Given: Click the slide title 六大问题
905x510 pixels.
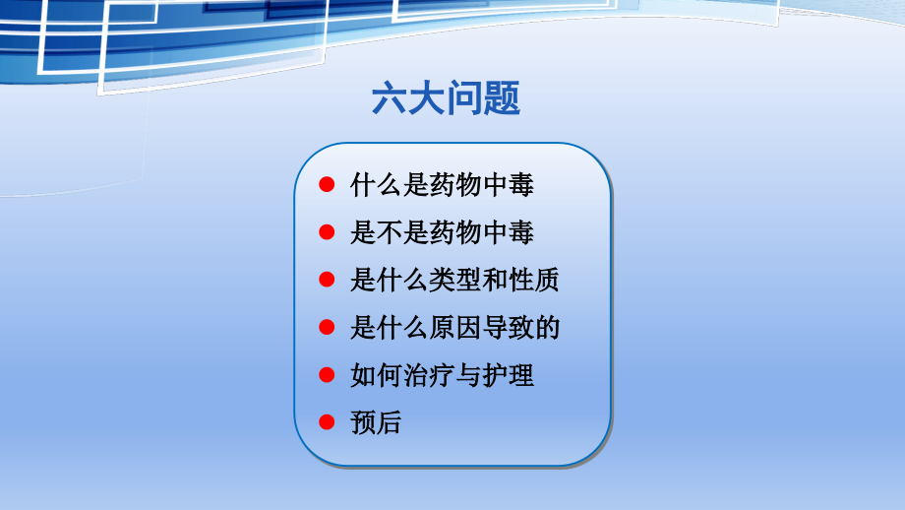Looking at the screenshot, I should [x=446, y=99].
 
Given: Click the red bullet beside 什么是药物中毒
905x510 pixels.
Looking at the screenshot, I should [x=329, y=185].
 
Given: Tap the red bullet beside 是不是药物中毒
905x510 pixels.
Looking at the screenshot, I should [x=329, y=233].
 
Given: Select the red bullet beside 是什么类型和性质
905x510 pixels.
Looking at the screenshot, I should [x=329, y=281].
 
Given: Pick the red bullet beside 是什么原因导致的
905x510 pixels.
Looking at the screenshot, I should [x=329, y=328].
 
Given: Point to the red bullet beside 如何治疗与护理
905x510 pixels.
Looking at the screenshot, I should [x=329, y=375].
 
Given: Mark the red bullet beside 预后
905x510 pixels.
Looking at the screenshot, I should [x=329, y=423].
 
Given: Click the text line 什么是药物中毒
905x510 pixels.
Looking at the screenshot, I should [x=442, y=185].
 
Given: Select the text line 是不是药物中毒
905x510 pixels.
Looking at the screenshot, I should [x=442, y=233].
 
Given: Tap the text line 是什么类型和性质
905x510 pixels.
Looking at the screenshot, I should [x=454, y=281].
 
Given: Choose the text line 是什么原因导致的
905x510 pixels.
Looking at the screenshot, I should [x=454, y=328].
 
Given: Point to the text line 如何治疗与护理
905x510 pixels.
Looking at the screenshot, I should [x=442, y=375].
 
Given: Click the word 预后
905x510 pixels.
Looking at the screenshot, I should [x=376, y=423].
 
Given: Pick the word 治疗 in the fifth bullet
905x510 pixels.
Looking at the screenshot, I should [x=429, y=375].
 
